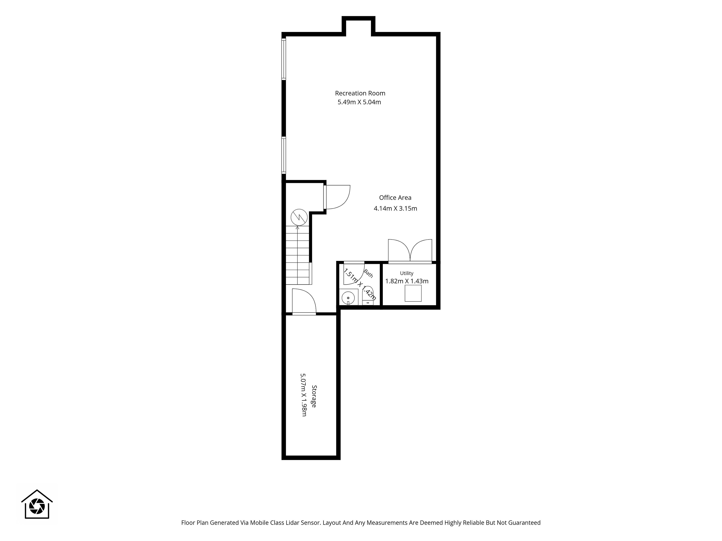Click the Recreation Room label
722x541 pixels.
click(x=360, y=93)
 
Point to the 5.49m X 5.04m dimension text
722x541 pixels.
click(x=359, y=102)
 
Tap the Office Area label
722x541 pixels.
click(x=395, y=198)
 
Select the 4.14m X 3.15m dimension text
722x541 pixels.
click(x=395, y=208)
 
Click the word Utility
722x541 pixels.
click(x=407, y=273)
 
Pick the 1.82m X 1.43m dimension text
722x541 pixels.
click(x=407, y=281)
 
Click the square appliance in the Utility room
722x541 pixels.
click(x=413, y=293)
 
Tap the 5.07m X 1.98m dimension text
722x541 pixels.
click(x=303, y=395)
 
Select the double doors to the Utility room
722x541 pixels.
click(x=410, y=251)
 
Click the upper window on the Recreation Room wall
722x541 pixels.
click(x=284, y=59)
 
